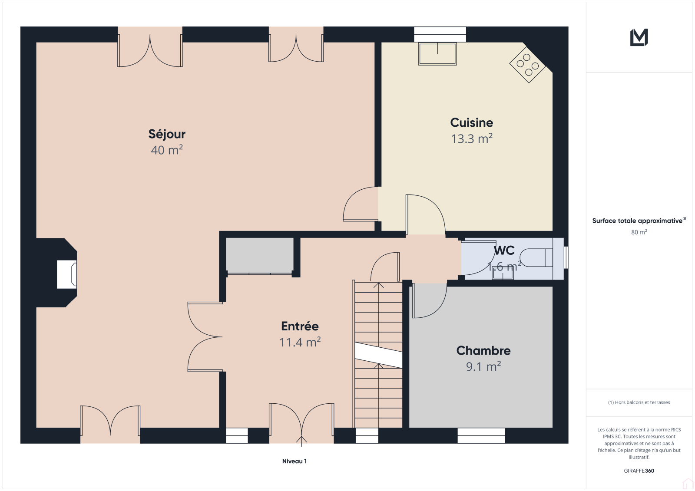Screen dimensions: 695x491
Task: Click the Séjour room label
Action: click(167, 134)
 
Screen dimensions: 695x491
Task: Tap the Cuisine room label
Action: click(472, 122)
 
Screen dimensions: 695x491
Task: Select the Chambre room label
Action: click(483, 350)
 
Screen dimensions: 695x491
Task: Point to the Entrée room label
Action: click(300, 326)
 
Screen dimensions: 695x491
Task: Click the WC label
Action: click(504, 250)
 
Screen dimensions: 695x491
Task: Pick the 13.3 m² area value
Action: click(472, 138)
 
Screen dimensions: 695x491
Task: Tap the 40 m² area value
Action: click(167, 150)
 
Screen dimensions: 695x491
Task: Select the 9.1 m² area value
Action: click(483, 366)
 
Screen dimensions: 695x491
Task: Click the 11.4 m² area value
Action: click(300, 342)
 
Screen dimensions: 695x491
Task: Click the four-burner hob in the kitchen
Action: click(528, 65)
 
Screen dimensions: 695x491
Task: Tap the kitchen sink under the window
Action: click(437, 54)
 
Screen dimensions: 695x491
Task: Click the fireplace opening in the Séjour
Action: click(67, 274)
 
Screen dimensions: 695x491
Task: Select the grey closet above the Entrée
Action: click(259, 255)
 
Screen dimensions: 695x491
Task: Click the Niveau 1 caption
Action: click(295, 461)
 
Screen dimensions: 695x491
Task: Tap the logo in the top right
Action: click(639, 37)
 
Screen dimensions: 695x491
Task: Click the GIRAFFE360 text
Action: click(639, 471)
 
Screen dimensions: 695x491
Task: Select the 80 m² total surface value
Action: click(639, 232)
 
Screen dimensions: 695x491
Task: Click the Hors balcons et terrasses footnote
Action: click(639, 402)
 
